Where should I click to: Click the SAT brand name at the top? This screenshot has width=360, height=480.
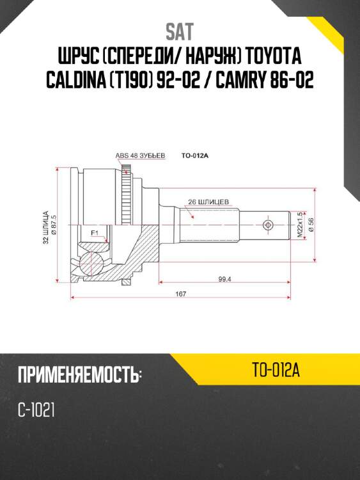[180, 31]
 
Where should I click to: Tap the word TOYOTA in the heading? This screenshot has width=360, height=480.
[273, 56]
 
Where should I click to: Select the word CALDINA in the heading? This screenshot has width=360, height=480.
[83, 81]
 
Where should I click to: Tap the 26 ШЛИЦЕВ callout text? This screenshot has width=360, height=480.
[210, 200]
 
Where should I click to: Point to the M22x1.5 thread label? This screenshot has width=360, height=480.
[299, 226]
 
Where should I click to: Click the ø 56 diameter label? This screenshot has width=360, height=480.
[311, 226]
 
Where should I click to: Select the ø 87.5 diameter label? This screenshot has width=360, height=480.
[54, 226]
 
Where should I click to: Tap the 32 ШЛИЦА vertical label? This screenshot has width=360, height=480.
[45, 227]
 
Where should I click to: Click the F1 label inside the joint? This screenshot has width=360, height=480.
[94, 232]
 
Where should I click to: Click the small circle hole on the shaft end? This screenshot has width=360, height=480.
[268, 225]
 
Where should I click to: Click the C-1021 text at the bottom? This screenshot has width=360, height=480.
[36, 410]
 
